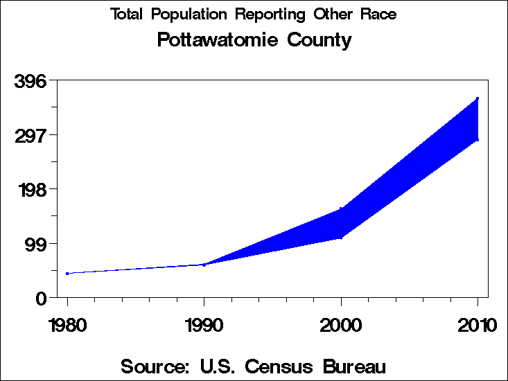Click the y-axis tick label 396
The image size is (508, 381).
(x=30, y=81)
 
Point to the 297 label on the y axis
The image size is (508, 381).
(x=30, y=135)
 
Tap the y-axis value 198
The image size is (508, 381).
(x=30, y=189)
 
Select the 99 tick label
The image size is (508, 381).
(x=36, y=244)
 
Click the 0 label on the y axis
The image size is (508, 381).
(x=42, y=298)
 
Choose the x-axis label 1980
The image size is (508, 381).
(x=67, y=325)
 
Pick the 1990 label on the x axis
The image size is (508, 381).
(x=204, y=325)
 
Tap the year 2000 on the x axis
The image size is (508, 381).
(x=341, y=325)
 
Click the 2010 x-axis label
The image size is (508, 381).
(x=478, y=325)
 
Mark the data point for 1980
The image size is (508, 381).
(x=67, y=274)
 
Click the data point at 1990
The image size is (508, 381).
(x=204, y=265)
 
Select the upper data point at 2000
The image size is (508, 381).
(x=341, y=209)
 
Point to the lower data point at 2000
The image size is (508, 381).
(x=341, y=238)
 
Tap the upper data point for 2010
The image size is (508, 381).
(x=478, y=99)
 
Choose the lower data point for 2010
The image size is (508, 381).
(x=478, y=140)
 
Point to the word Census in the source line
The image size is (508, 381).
(x=273, y=366)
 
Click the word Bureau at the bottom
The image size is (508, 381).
(x=351, y=366)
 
